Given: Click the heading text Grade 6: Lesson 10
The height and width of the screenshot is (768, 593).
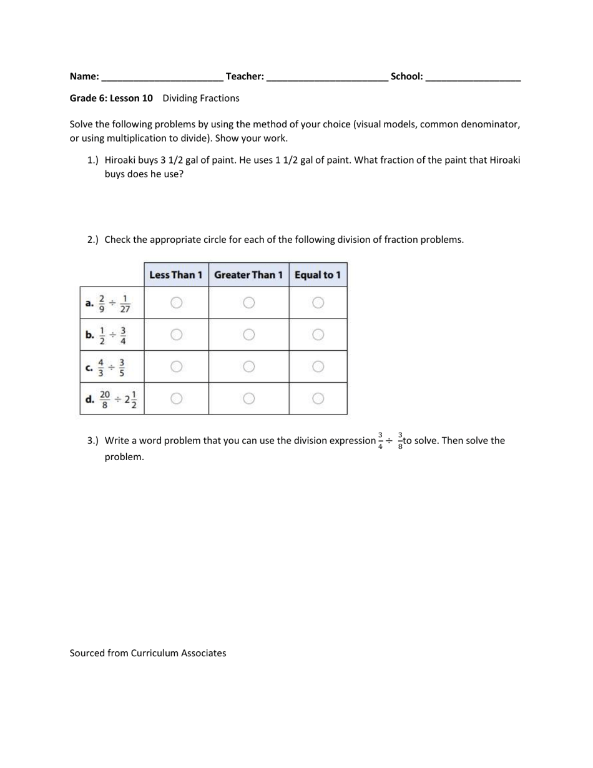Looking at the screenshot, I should click(x=111, y=98).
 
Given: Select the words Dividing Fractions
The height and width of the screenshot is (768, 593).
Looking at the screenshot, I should click(x=200, y=98).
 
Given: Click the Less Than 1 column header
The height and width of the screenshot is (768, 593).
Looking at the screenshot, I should click(x=176, y=275).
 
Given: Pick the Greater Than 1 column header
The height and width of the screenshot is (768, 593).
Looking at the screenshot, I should click(x=248, y=275).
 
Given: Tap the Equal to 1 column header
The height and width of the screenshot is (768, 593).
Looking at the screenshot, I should click(x=318, y=275).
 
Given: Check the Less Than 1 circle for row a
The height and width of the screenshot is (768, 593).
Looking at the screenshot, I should click(x=176, y=303).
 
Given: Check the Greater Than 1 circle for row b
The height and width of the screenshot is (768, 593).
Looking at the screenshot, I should click(x=248, y=335).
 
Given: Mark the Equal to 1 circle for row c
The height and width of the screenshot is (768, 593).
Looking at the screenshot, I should click(x=318, y=367).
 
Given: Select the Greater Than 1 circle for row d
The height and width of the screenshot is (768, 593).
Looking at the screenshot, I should click(x=248, y=398).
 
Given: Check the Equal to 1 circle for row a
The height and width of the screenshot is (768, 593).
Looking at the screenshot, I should click(x=318, y=303).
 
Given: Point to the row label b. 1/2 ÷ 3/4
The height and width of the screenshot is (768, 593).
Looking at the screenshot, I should click(x=107, y=335).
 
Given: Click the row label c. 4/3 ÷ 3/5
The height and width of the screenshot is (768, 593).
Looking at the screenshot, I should click(x=107, y=367).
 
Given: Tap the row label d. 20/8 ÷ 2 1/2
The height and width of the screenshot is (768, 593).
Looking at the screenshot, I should click(x=112, y=399).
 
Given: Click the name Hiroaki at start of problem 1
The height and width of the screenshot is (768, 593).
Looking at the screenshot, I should click(x=122, y=160).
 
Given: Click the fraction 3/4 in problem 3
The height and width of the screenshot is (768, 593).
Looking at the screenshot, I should click(x=381, y=440).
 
